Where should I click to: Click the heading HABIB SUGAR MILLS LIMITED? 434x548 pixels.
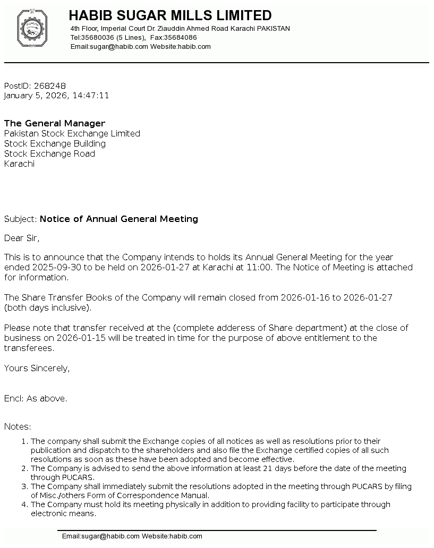tap(170, 15)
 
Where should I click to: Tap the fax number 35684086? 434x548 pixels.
tap(181, 38)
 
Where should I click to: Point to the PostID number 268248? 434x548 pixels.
tap(50, 85)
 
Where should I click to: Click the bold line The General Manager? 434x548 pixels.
tap(55, 123)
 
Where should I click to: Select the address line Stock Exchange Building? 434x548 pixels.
tap(55, 143)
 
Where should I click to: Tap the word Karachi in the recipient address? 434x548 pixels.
tap(19, 164)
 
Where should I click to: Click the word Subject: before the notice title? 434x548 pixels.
tap(21, 219)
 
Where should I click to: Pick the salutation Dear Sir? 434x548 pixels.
tap(22, 238)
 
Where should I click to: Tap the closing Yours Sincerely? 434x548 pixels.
tap(37, 368)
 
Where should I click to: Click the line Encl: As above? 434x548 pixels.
tap(36, 398)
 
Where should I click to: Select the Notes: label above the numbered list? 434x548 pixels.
tap(18, 426)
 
